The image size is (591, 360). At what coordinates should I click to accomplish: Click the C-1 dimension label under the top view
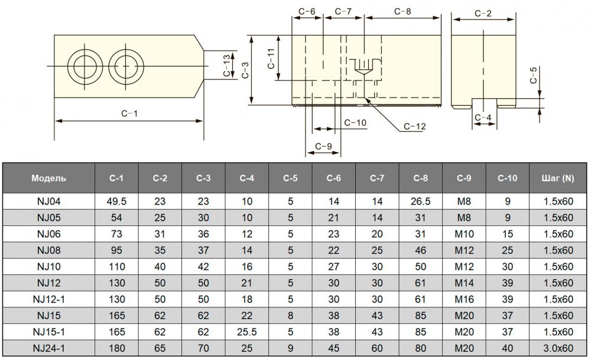click(x=129, y=113)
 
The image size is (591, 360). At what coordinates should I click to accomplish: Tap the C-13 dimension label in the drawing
click(x=226, y=65)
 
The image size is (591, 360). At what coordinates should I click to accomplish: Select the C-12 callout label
click(x=414, y=126)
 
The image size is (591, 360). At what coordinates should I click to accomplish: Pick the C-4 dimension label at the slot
click(x=483, y=118)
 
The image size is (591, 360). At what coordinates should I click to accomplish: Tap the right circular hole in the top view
click(x=124, y=66)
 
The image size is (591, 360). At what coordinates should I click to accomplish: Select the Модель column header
click(x=49, y=178)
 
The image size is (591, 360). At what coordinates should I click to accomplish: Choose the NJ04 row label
click(x=49, y=201)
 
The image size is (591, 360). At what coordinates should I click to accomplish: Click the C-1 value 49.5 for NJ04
click(x=116, y=201)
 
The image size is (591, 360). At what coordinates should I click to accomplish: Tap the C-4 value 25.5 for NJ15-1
click(x=246, y=331)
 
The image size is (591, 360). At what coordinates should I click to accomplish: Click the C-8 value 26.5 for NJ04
click(x=420, y=201)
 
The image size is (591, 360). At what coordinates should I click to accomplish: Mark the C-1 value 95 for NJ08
click(x=116, y=249)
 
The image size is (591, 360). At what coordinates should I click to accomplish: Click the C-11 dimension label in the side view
click(x=271, y=59)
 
